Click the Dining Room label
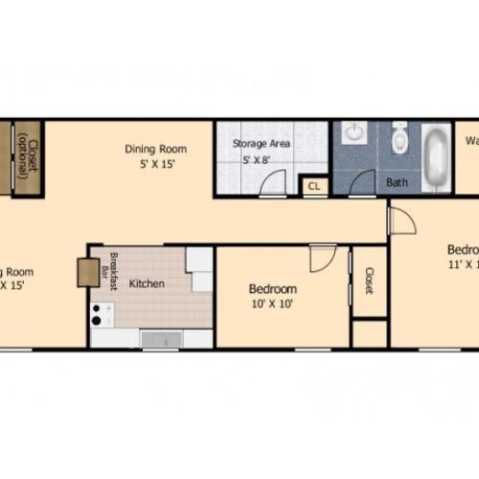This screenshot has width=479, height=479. click(155, 148)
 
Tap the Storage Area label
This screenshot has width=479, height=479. click(262, 144)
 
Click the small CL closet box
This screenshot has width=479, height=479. click(313, 187)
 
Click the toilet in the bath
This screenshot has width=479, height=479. click(400, 140)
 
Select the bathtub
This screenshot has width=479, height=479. click(436, 156)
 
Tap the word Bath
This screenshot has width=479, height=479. click(397, 182)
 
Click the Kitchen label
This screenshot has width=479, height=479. click(147, 284)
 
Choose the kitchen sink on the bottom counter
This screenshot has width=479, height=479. click(164, 338)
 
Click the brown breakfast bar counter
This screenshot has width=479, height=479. click(88, 272)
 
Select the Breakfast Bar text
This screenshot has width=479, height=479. click(114, 270)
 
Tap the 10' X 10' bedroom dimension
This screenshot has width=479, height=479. click(272, 305)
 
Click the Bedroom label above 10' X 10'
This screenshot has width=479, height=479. click(272, 288)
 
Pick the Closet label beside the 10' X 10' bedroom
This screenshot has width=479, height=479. click(369, 280)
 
